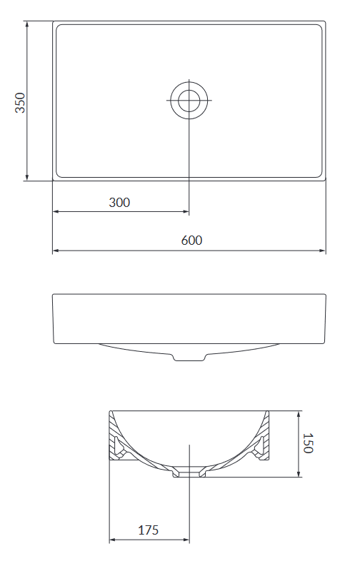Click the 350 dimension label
(x=20, y=103)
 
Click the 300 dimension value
(x=119, y=203)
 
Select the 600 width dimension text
(x=191, y=241)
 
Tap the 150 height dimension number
(x=308, y=443)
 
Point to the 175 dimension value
(x=149, y=530)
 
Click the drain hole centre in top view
(x=189, y=100)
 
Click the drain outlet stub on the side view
(x=190, y=357)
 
